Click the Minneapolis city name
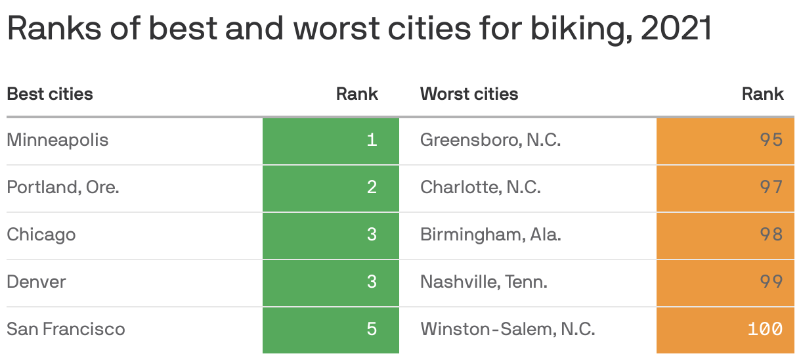58,140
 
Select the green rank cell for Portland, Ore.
331,187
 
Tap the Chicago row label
41,235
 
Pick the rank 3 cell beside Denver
331,282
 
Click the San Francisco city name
66,328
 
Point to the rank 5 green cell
331,328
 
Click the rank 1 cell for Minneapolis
331,141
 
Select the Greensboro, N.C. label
490,140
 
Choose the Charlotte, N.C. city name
481,187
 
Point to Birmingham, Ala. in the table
490,235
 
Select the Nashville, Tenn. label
484,282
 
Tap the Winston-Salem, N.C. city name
508,328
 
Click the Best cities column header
50,94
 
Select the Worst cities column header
469,94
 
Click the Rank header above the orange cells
762,94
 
